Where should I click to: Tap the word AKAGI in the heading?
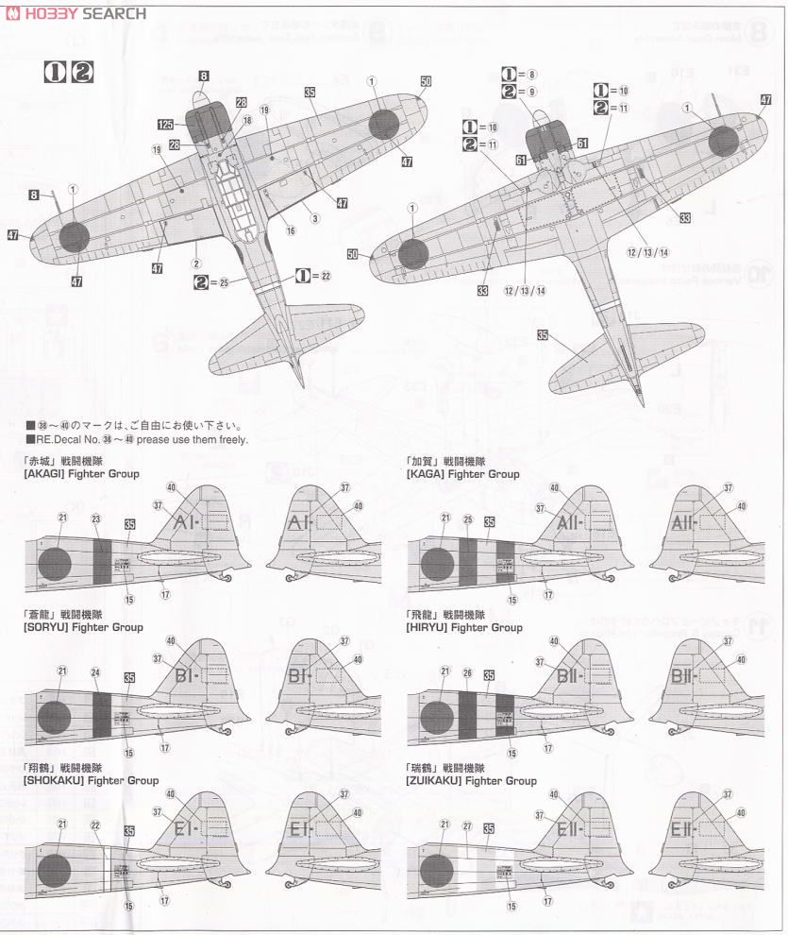(45, 474)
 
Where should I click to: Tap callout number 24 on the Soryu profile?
(95, 672)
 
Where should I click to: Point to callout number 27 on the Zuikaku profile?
(466, 825)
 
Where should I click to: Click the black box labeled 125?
(165, 124)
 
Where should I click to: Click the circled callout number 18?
(247, 121)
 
